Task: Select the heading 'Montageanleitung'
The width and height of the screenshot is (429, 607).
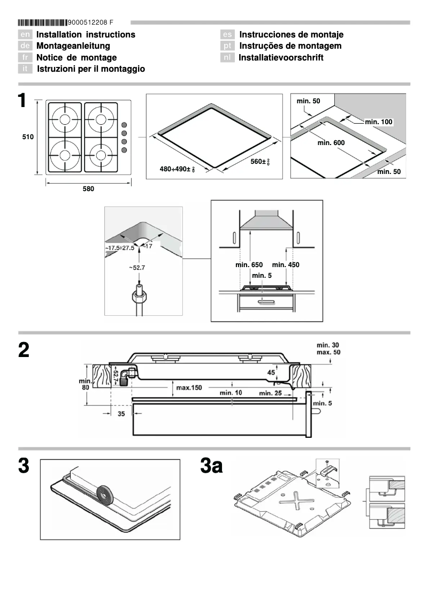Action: click(x=73, y=46)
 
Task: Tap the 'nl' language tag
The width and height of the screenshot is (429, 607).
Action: click(x=227, y=57)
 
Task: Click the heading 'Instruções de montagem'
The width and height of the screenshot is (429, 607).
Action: click(x=290, y=46)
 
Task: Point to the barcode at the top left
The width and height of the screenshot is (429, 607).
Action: click(x=43, y=22)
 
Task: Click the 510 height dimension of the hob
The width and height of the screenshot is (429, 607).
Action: click(x=28, y=137)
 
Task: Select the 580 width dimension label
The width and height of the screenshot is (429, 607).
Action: click(x=88, y=189)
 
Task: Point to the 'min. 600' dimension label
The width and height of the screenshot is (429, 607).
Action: click(x=331, y=143)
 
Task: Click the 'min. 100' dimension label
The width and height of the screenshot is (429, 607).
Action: click(x=379, y=122)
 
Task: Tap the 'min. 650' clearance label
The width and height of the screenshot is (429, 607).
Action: click(x=249, y=265)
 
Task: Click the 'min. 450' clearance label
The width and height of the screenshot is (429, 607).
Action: click(x=286, y=265)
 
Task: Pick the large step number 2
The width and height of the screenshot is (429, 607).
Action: click(x=24, y=350)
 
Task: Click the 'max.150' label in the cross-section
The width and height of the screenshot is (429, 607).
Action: click(x=189, y=388)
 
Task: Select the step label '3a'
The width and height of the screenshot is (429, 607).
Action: click(x=211, y=466)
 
